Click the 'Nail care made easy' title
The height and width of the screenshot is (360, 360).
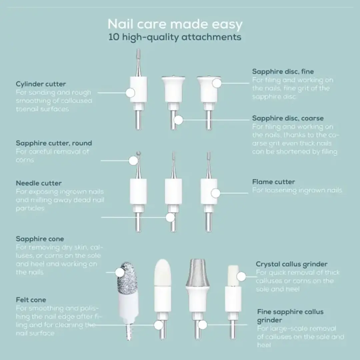175,24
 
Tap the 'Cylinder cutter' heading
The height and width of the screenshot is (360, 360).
41,84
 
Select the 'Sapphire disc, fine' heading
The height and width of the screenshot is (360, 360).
283,72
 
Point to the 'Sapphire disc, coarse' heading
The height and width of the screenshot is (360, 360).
288,118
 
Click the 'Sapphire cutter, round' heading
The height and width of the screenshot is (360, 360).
54,143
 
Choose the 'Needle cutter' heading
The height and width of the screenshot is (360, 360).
39,183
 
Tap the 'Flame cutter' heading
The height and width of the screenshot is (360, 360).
273,182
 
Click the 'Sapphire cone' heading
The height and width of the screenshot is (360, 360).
40,239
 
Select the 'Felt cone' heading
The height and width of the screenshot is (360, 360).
31,300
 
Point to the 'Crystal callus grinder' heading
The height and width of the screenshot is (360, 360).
292,264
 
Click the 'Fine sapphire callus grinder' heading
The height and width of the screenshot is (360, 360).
290,316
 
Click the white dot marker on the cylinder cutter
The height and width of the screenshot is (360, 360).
130,93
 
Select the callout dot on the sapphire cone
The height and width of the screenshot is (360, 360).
120,272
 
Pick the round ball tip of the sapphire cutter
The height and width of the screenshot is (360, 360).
138,153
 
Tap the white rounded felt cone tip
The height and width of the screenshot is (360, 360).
162,272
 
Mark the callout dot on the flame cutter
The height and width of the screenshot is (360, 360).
216,193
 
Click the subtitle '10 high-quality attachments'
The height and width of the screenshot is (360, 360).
175,37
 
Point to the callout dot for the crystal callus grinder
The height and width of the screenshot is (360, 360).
241,277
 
